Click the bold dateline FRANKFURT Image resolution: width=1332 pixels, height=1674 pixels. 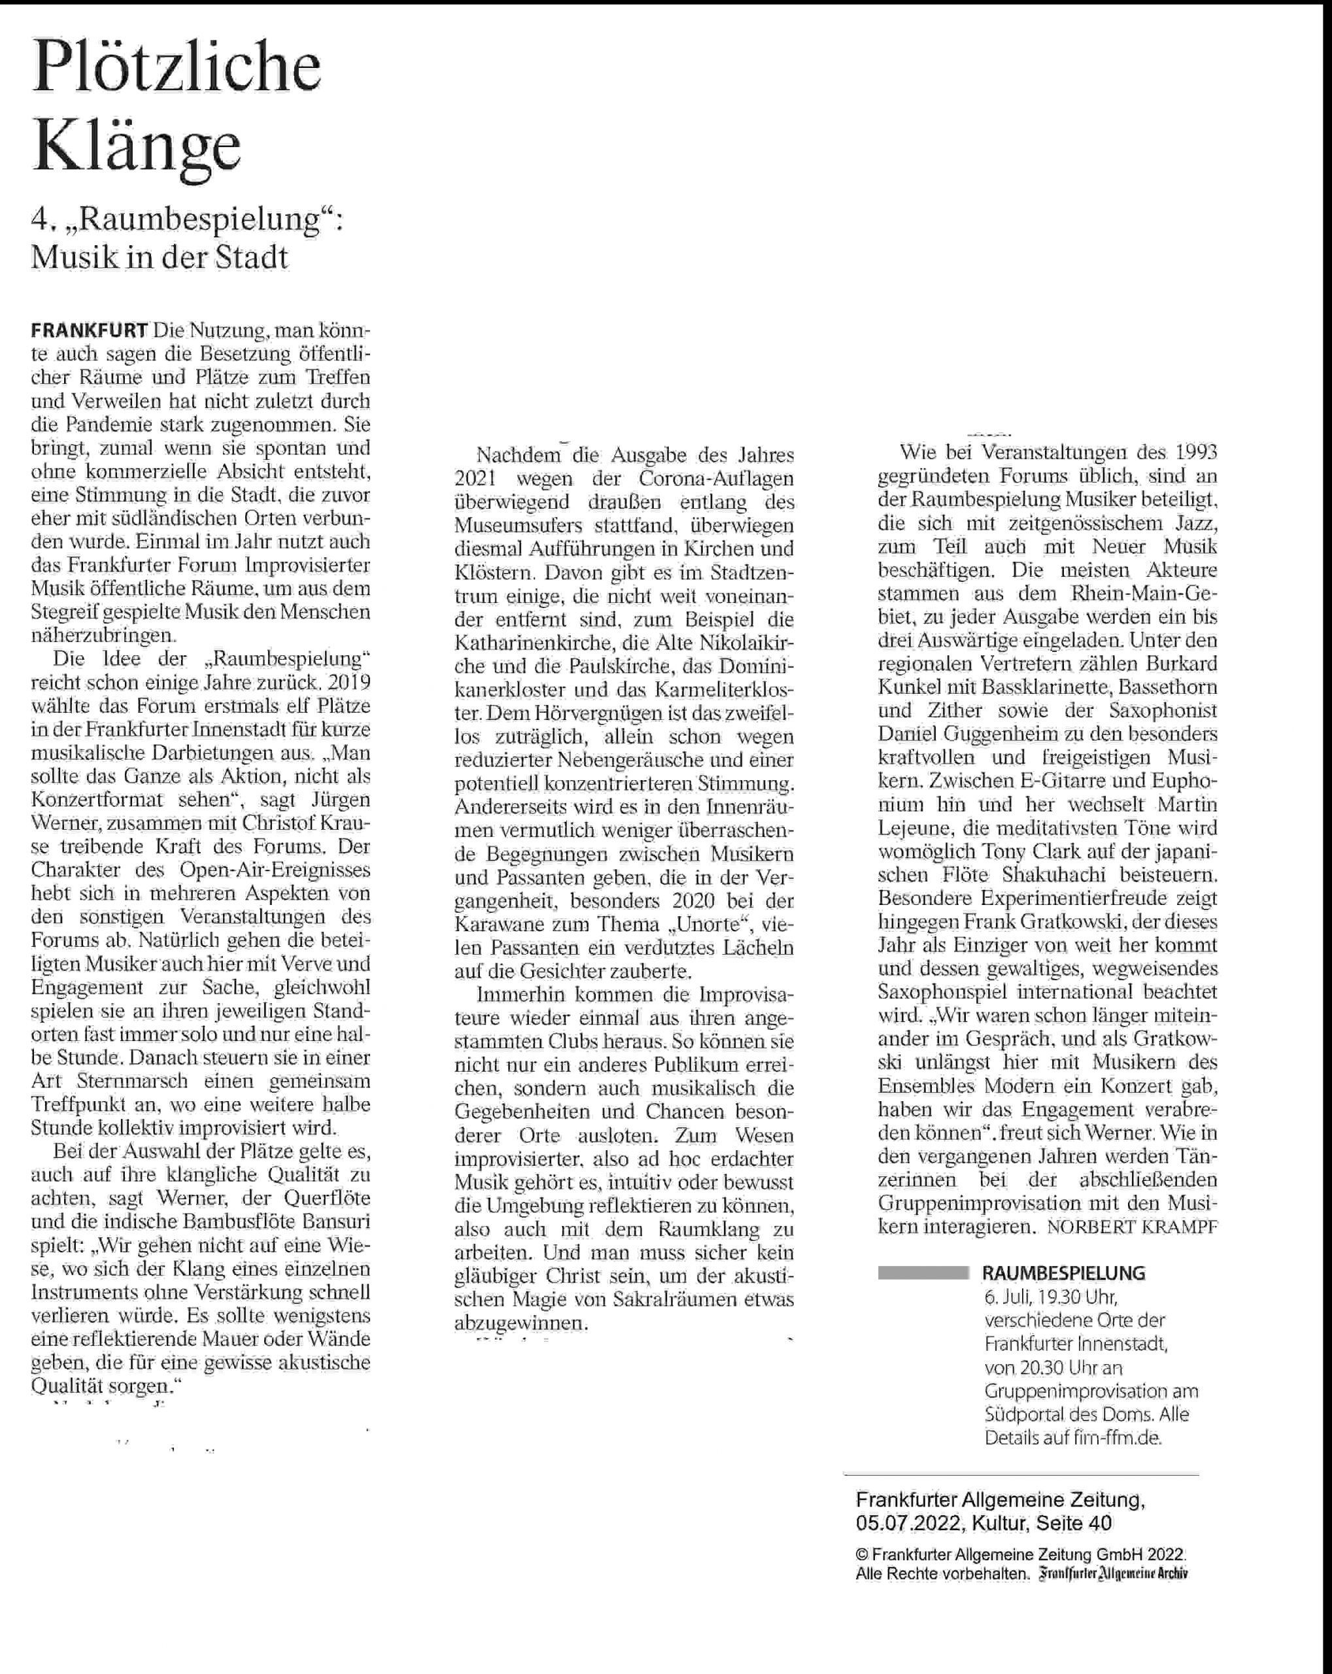[90, 331]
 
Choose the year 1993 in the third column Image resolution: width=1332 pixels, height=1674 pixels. [1196, 452]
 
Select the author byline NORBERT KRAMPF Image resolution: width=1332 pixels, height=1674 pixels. [1132, 1227]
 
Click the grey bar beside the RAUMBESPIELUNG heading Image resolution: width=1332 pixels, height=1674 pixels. [923, 1273]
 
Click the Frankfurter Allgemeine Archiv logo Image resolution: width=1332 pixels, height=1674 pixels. [1114, 1574]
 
